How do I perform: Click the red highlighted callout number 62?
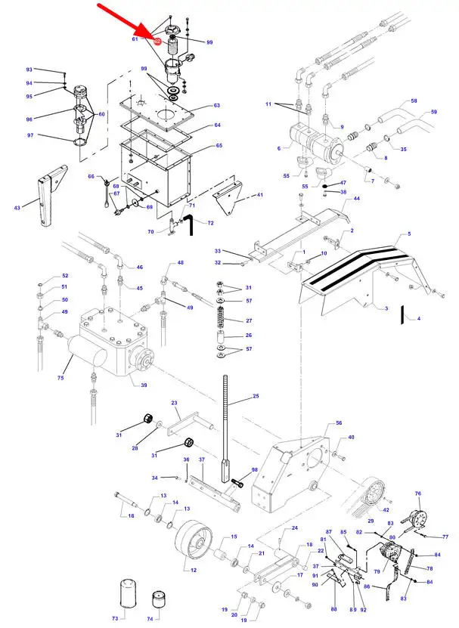pos(157,42)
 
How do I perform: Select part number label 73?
pos(115,618)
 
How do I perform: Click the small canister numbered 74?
pos(159,599)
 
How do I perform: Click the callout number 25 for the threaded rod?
pos(256,396)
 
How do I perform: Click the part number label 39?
pos(144,385)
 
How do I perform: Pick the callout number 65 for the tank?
pos(219,145)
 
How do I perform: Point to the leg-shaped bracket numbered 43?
pos(47,194)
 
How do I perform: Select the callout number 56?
pos(339,423)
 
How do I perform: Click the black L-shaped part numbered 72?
pos(189,224)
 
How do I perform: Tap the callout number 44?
pos(356,199)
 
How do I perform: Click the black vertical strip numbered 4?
pos(402,315)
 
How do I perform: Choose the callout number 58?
pos(414,101)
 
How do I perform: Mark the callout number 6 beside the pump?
pos(279,148)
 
